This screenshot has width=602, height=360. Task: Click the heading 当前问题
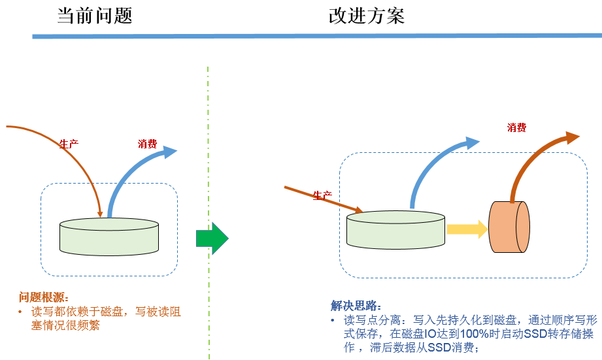point(95,16)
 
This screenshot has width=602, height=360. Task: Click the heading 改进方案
point(366,16)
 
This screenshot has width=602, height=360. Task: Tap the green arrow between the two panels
point(212,239)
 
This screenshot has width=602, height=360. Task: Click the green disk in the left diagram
point(109,236)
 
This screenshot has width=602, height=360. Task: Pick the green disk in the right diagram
point(395,230)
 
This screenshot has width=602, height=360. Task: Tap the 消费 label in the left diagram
point(147,144)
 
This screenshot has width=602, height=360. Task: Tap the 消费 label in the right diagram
point(516,127)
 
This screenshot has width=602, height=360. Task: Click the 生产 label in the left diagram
point(69,144)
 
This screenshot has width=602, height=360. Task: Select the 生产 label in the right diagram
point(322,195)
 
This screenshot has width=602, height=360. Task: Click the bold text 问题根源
point(44,297)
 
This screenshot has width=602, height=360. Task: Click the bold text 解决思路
point(356,306)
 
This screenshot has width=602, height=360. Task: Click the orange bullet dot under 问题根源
point(20,312)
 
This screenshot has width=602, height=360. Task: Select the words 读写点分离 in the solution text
point(369,320)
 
